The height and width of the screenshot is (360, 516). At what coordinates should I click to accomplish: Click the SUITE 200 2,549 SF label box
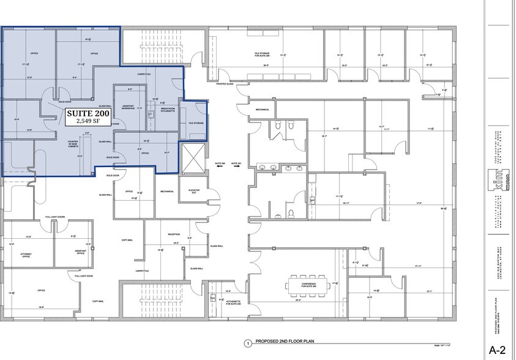(86, 116)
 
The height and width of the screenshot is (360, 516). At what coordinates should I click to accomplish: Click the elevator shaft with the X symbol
(192, 159)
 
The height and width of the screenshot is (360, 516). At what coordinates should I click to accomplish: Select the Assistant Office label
(80, 252)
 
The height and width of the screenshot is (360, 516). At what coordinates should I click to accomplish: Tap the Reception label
(174, 234)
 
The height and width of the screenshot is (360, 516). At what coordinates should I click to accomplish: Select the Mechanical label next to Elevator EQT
(167, 192)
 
